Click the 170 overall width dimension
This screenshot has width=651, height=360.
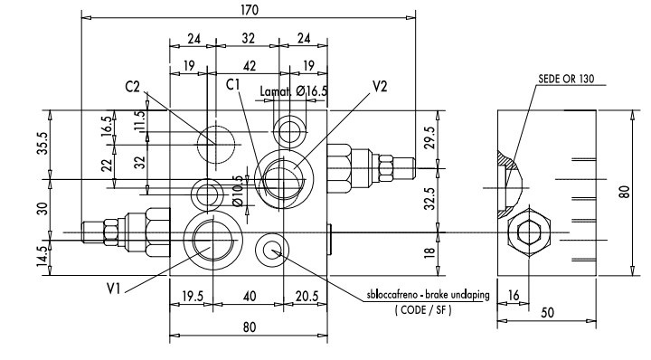[x=250, y=9]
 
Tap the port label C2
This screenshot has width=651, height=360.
[x=132, y=87]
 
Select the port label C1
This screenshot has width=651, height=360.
[x=233, y=84]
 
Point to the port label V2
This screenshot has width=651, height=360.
[x=380, y=86]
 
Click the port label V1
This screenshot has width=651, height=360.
[x=113, y=289]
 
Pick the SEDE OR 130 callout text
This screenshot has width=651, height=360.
[x=566, y=79]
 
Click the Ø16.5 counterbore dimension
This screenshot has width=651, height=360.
[x=312, y=91]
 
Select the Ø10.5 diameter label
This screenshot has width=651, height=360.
[x=238, y=191]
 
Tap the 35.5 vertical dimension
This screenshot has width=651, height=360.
[x=43, y=143]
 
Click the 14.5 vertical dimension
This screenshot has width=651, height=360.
[x=43, y=257]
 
